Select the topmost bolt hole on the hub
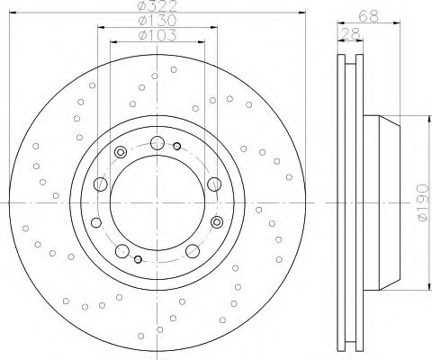tap(157, 141)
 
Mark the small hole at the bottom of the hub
tap(137, 259)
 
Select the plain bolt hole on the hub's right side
tap(213, 184)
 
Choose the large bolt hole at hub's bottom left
tap(120, 249)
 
